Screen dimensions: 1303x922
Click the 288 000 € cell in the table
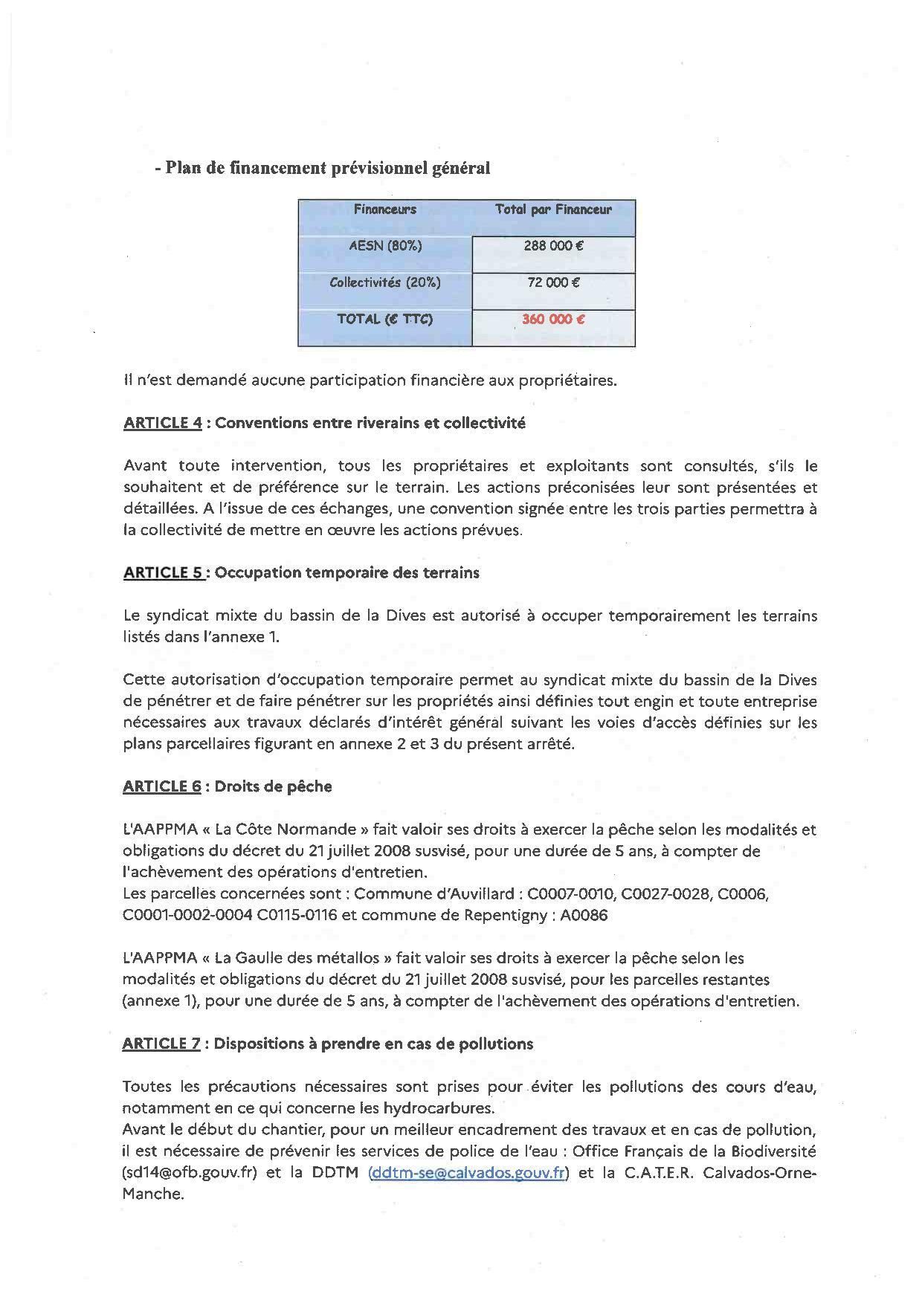pyautogui.click(x=553, y=246)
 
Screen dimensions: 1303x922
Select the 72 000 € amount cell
pyautogui.click(x=553, y=282)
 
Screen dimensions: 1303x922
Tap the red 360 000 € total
pyautogui.click(x=553, y=320)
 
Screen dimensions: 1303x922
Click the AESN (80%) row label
pyautogui.click(x=385, y=246)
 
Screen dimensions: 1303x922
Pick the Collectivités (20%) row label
pyautogui.click(x=385, y=282)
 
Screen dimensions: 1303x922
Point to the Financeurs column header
pyautogui.click(x=385, y=210)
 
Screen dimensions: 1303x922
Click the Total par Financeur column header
pyautogui.click(x=553, y=210)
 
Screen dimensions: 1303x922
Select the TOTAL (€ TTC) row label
pyautogui.click(x=385, y=320)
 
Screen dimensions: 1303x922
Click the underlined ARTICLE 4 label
pyautogui.click(x=162, y=424)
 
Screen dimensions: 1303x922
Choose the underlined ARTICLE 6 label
pyautogui.click(x=162, y=787)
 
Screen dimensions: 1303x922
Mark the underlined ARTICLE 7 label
pyautogui.click(x=161, y=1044)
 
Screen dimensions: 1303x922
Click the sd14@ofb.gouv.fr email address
pyautogui.click(x=189, y=1174)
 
